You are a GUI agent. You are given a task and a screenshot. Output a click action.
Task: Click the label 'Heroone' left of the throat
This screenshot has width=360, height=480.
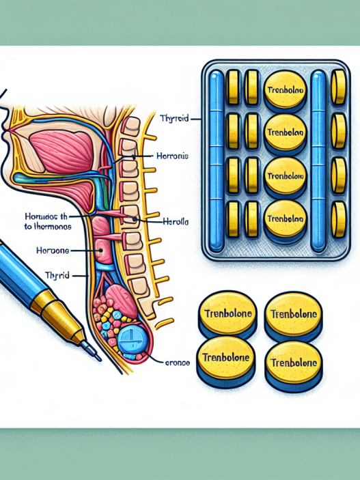click(x=53, y=251)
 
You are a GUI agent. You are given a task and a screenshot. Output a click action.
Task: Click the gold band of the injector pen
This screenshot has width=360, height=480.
click(x=59, y=307)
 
